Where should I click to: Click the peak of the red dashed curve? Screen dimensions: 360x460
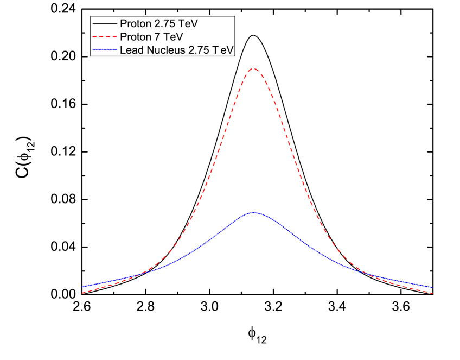pyautogui.click(x=253, y=68)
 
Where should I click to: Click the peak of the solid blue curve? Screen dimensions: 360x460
pyautogui.click(x=253, y=212)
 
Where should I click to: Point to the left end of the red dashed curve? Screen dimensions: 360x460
pyautogui.click(x=82, y=293)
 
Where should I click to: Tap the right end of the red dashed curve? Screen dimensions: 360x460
pyautogui.click(x=432, y=293)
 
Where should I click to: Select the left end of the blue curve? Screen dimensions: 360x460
pyautogui.click(x=82, y=287)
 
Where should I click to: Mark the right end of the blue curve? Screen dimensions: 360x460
pyautogui.click(x=432, y=287)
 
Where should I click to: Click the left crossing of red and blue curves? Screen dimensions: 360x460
pyautogui.click(x=140, y=274)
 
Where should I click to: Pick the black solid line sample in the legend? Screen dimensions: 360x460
pyautogui.click(x=105, y=24)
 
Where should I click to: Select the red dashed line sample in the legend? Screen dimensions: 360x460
pyautogui.click(x=105, y=37)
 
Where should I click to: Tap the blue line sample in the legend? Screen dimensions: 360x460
pyautogui.click(x=105, y=50)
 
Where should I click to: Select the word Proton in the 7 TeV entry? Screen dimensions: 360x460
pyautogui.click(x=136, y=37)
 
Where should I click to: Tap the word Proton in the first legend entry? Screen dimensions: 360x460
pyautogui.click(x=136, y=24)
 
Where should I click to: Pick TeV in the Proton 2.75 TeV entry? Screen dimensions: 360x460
pyautogui.click(x=190, y=24)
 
